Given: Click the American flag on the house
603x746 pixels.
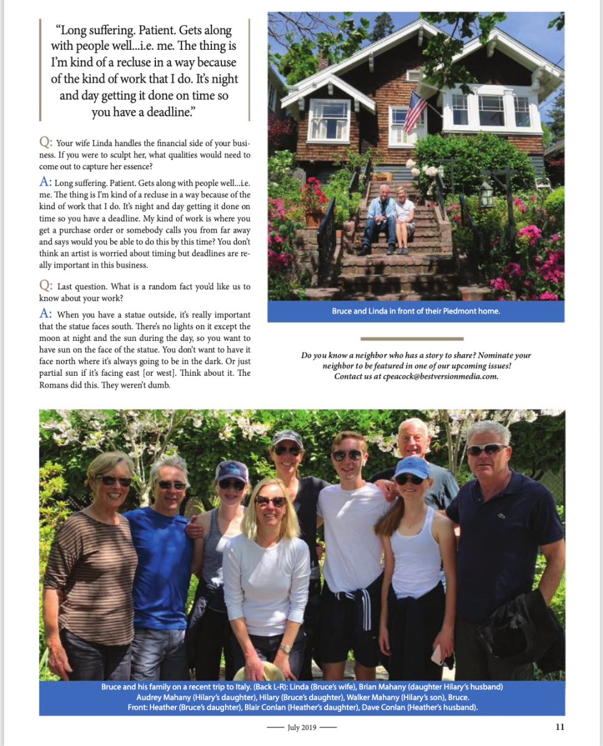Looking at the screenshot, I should [x=415, y=111].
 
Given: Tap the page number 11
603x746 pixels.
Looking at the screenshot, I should [x=559, y=726].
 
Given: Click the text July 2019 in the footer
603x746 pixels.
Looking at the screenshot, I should [x=301, y=727].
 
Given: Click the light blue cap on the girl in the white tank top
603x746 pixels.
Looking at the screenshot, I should [x=412, y=465].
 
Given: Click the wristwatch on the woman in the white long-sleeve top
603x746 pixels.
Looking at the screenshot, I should [x=285, y=648].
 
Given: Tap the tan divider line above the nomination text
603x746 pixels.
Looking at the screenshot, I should [x=412, y=339].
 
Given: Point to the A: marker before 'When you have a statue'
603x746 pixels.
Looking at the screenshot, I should [x=46, y=314].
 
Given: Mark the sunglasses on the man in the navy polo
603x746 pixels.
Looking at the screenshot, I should [x=486, y=449].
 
